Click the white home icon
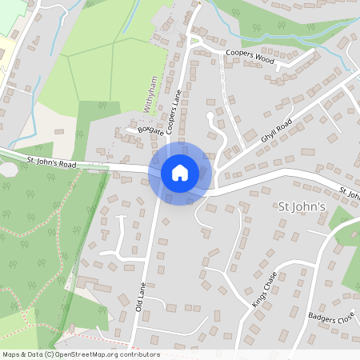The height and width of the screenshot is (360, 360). [x=180, y=172]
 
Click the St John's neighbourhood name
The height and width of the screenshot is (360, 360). [x=302, y=207]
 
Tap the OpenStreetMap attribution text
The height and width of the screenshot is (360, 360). [x=80, y=354]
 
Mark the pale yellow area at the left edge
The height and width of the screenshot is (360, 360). [x=4, y=48]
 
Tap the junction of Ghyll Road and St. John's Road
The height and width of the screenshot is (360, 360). [x=218, y=178]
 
